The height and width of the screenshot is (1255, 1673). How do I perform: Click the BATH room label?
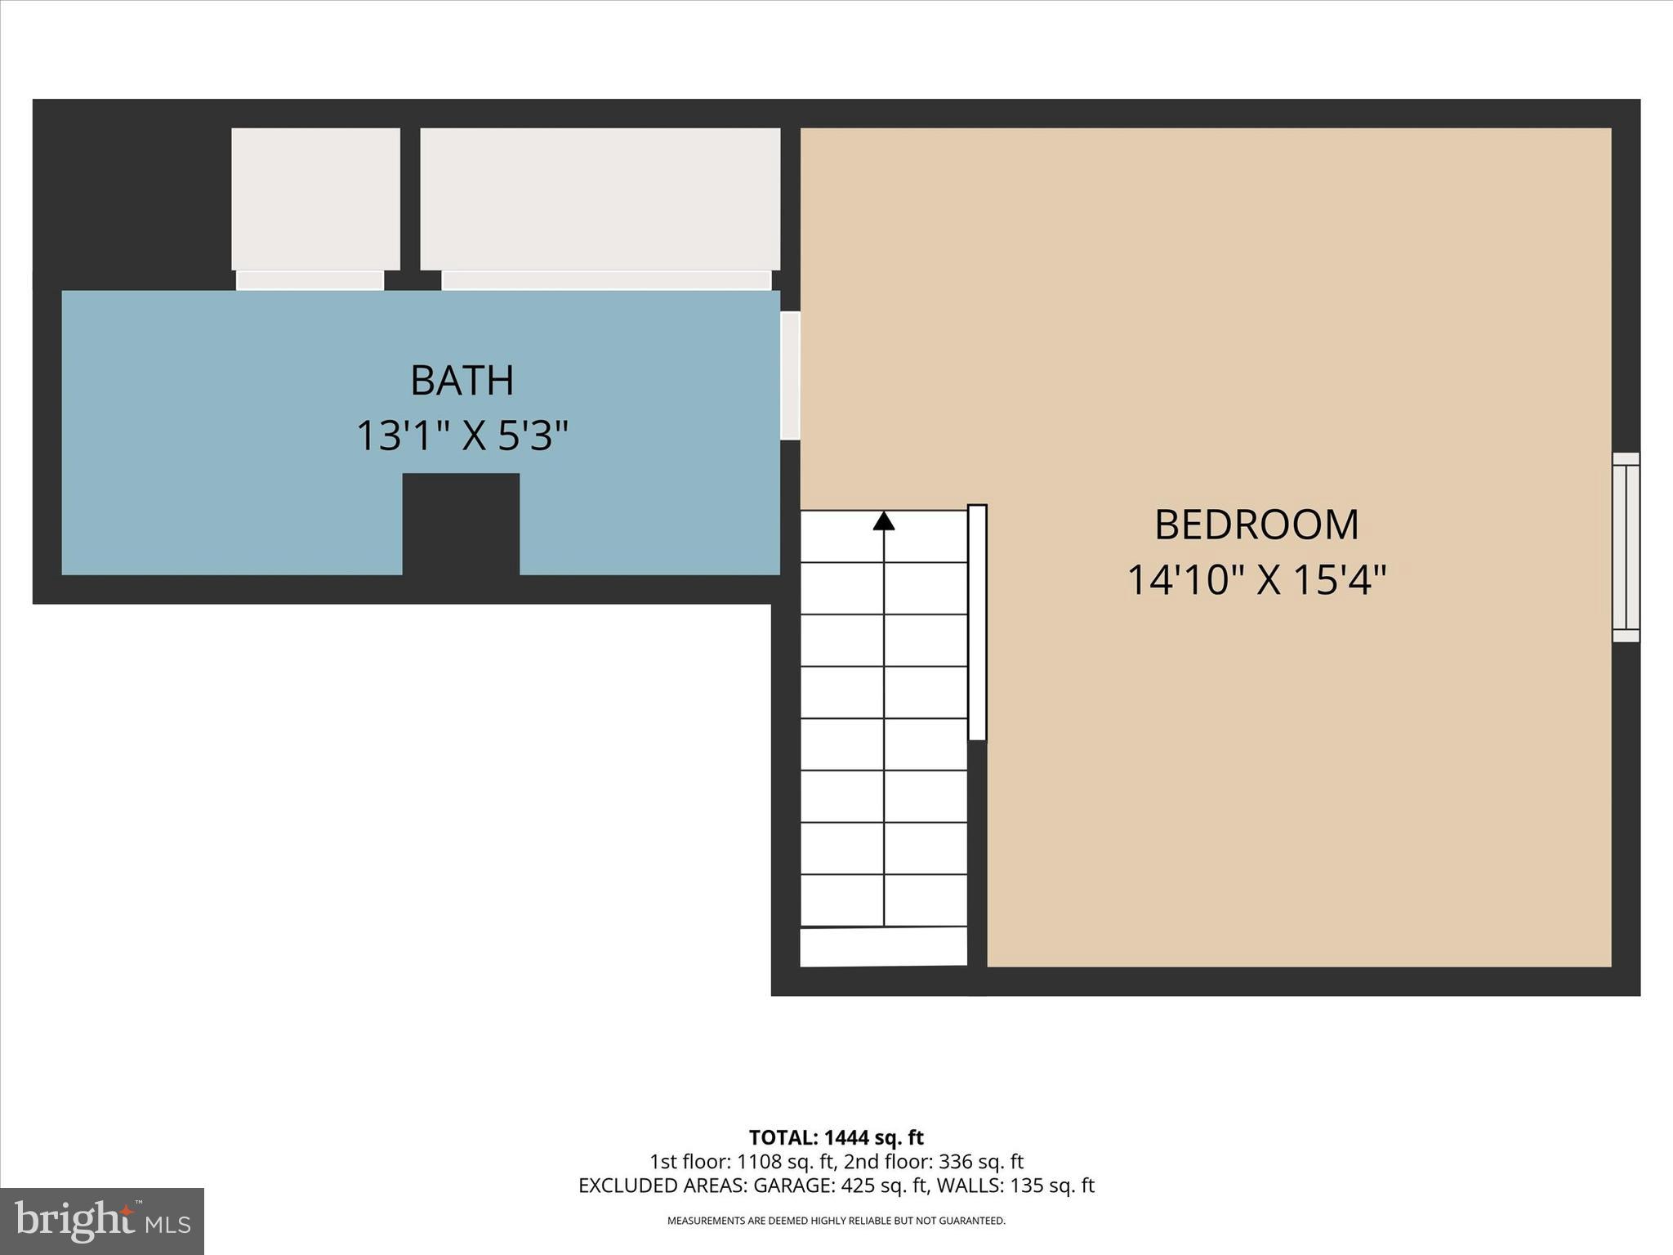pyautogui.click(x=462, y=381)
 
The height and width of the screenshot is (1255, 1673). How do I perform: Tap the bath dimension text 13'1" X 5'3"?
pyautogui.click(x=462, y=435)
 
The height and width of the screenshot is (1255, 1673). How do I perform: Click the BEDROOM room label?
pyautogui.click(x=1256, y=525)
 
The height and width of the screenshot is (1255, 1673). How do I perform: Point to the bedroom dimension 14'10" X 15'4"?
pyautogui.click(x=1256, y=580)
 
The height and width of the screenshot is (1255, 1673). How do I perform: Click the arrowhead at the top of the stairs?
pyautogui.click(x=884, y=521)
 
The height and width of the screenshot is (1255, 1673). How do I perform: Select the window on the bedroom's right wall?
pyautogui.click(x=1626, y=547)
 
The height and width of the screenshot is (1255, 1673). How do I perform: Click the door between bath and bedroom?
pyautogui.click(x=790, y=376)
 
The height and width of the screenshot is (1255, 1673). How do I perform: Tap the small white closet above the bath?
pyautogui.click(x=315, y=199)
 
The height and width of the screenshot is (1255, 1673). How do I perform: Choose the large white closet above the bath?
pyautogui.click(x=600, y=199)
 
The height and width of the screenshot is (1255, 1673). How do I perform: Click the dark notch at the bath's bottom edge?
pyautogui.click(x=461, y=523)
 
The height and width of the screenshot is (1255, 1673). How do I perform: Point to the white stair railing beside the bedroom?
pyautogui.click(x=977, y=623)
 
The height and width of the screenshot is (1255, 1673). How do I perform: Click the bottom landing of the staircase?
pyautogui.click(x=883, y=947)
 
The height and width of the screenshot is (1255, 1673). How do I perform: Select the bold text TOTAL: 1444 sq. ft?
pyautogui.click(x=836, y=1137)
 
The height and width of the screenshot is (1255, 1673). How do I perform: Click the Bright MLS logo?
pyautogui.click(x=102, y=1221)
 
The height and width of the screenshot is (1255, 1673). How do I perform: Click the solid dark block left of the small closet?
pyautogui.click(x=131, y=196)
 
